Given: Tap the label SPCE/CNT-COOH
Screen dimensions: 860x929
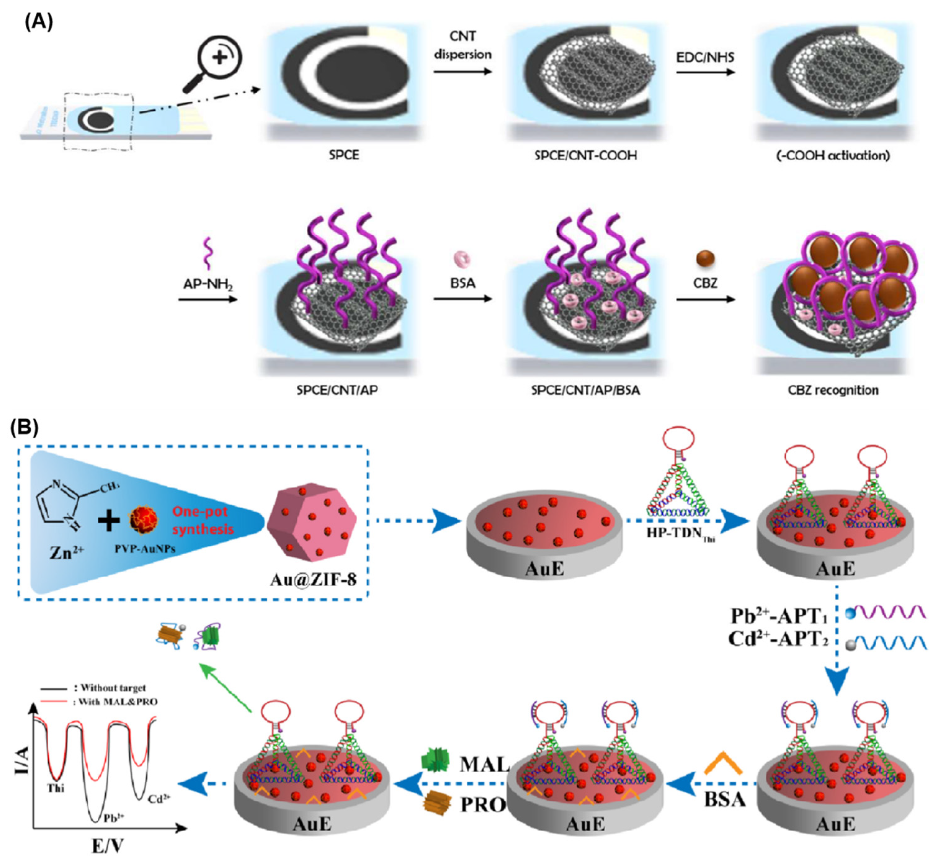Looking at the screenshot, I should pos(585,155).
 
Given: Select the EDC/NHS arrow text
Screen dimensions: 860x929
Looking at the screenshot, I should pos(705,58).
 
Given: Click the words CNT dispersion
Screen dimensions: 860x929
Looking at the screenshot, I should pos(462,45).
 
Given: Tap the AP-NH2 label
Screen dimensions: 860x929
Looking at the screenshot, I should pos(207,283).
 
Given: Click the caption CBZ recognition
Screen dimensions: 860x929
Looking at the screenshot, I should pos(833,390).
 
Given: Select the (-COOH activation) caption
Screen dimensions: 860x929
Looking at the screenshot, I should pos(833,155).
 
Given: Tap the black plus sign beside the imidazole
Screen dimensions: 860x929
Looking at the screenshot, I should pos(109,520).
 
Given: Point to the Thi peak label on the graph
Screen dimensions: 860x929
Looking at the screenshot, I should pos(56,788).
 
